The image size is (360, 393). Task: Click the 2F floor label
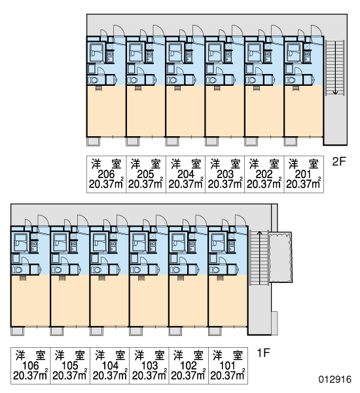coord(338,162)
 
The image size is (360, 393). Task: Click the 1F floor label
coord(263,353)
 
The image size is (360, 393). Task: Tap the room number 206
coord(106,174)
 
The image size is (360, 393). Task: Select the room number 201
coord(303,174)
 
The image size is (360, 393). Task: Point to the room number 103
coord(149,365)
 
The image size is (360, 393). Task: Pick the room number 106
coord(30,365)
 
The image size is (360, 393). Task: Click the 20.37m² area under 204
coord(185,183)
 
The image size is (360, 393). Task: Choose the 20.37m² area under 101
coord(228,375)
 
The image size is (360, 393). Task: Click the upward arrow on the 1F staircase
coord(260,258)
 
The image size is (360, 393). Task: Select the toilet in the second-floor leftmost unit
coord(93,80)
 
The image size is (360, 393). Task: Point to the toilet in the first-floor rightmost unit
coord(215,270)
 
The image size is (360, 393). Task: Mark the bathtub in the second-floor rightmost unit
coord(295,52)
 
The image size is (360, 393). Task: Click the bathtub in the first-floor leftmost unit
coord(21,242)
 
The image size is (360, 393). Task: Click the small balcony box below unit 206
coord(94,141)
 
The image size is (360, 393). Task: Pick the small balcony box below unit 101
coord(215,331)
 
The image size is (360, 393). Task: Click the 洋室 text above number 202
coord(264,163)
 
